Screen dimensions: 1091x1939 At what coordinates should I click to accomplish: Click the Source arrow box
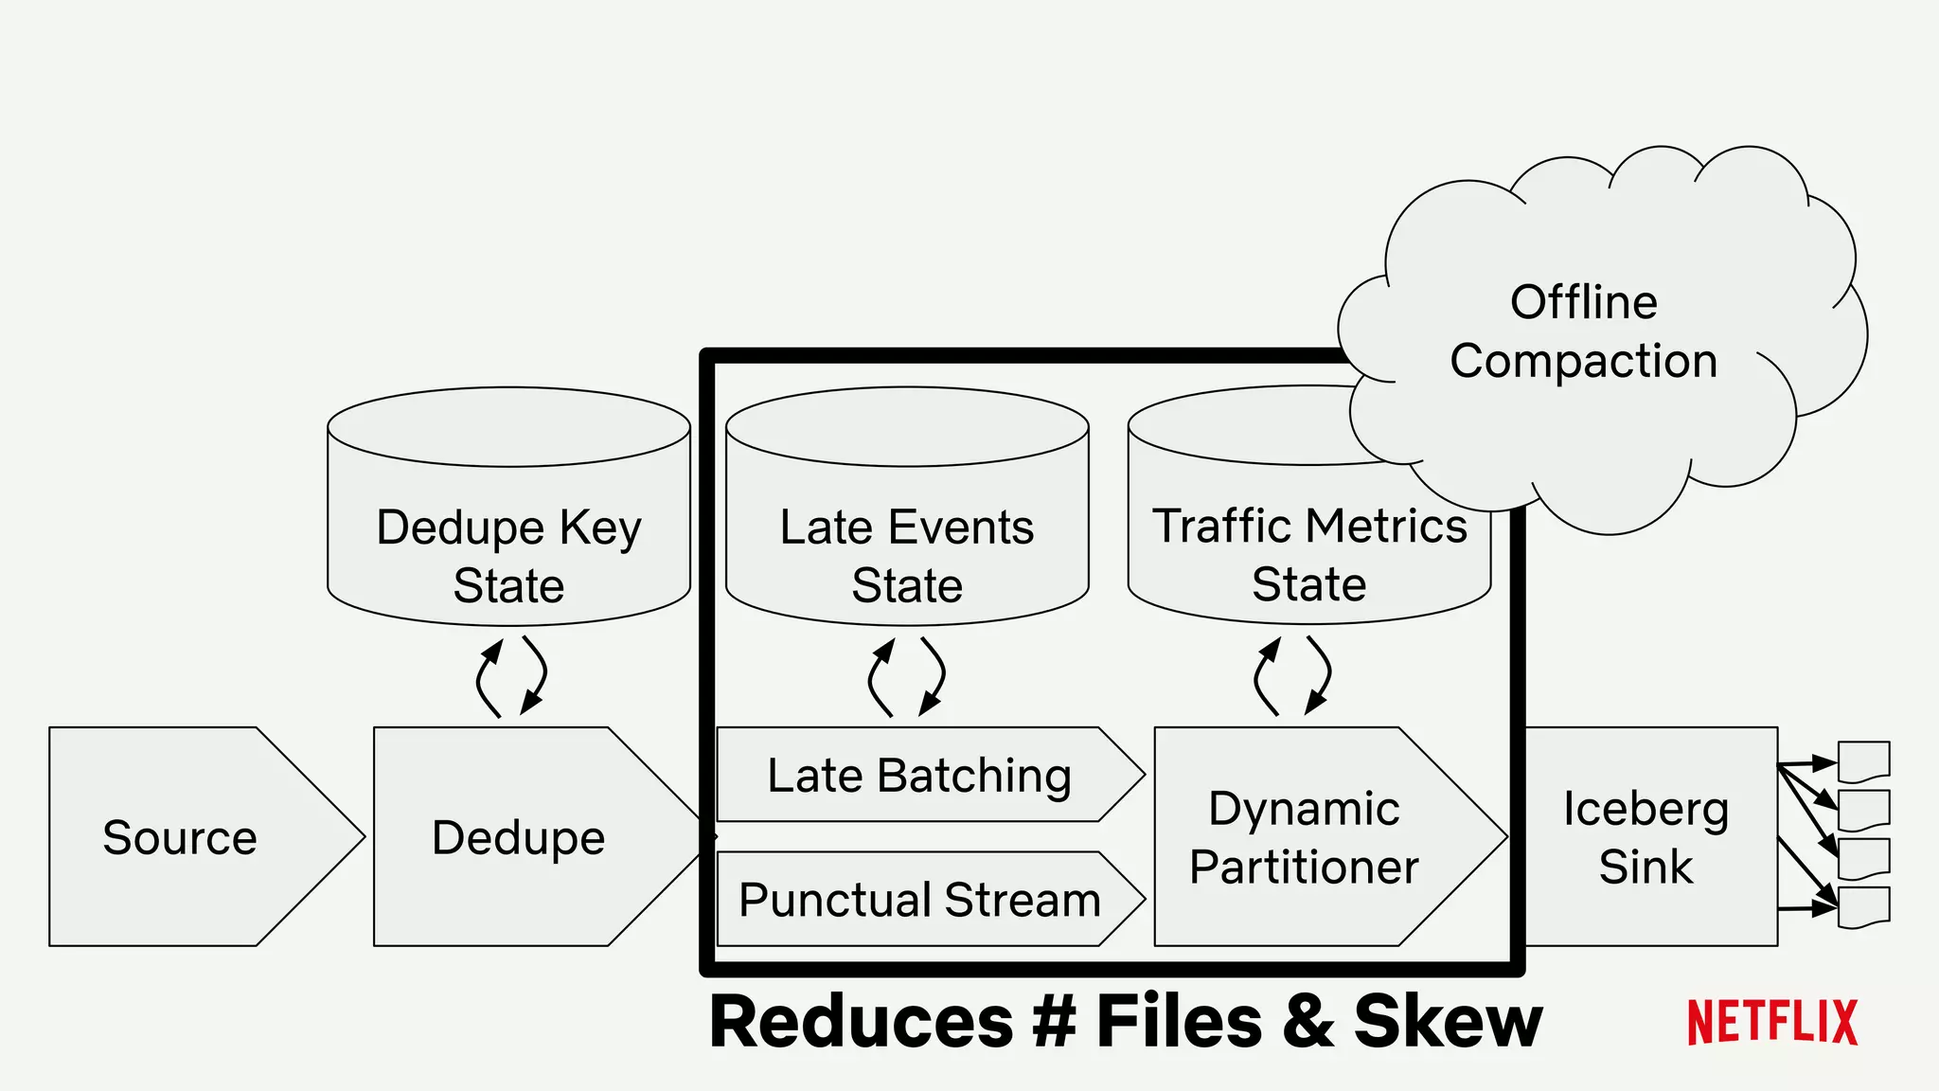(x=180, y=837)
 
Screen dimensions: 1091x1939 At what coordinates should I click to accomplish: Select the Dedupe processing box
(x=519, y=837)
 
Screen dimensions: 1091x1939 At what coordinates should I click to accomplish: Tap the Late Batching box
(x=918, y=775)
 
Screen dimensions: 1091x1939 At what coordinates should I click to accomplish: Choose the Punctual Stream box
(x=918, y=899)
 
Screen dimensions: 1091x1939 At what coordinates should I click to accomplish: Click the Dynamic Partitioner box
(x=1305, y=837)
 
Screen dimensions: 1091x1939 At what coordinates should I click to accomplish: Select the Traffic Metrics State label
(x=1309, y=554)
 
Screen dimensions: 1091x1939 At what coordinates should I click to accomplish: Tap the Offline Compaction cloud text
(x=1584, y=331)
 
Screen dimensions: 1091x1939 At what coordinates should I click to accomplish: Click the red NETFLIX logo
(x=1772, y=1023)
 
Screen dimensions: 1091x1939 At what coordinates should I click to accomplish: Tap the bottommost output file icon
(x=1863, y=906)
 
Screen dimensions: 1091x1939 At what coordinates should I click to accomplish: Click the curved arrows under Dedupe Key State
(x=511, y=676)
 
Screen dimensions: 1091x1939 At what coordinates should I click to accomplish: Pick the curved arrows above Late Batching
(x=906, y=676)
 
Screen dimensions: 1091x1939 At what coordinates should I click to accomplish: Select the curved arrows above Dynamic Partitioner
(x=1292, y=675)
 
